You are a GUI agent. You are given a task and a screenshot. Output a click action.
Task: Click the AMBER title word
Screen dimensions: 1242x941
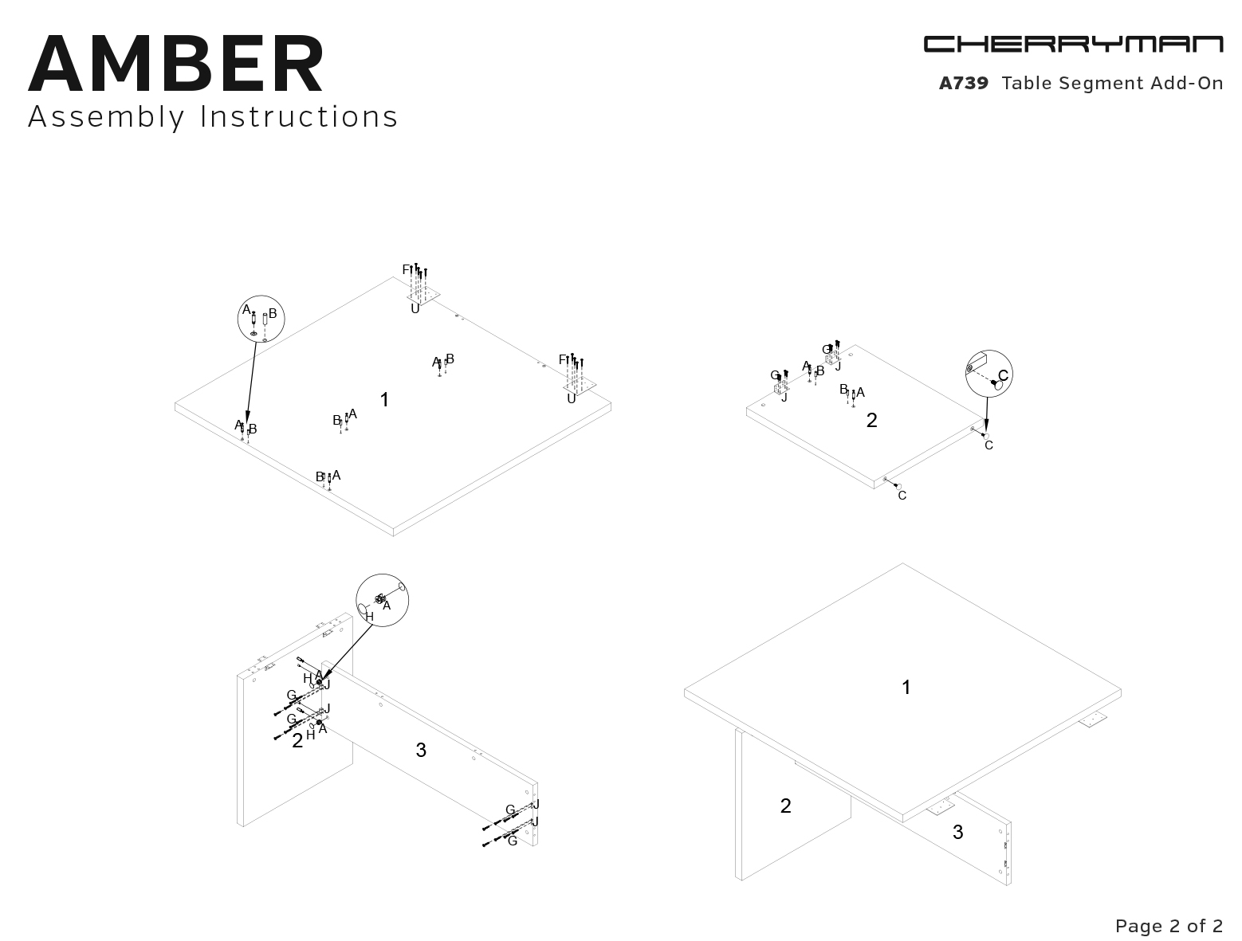[x=176, y=63]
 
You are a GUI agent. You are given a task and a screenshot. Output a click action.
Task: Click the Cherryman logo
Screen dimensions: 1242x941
[x=1073, y=44]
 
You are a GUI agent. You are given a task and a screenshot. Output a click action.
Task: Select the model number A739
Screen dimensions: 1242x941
[x=963, y=83]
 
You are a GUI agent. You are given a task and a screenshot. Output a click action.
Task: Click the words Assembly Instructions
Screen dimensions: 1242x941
[x=213, y=116]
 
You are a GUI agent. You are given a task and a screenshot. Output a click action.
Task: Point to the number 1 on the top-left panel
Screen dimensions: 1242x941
[x=385, y=400]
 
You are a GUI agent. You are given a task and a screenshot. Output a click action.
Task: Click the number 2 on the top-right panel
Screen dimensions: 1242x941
[x=871, y=420]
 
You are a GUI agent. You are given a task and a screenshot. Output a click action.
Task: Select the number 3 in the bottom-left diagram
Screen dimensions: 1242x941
[x=421, y=750]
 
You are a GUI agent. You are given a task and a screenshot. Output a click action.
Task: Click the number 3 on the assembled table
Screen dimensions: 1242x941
[x=957, y=832]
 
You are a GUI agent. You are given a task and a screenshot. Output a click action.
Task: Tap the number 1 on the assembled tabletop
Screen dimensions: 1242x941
[x=906, y=687]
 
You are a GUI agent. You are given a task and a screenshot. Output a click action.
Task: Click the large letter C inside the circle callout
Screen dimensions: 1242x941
[x=1003, y=375]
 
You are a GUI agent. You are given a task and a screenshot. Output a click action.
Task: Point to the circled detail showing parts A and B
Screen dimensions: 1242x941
[x=261, y=319]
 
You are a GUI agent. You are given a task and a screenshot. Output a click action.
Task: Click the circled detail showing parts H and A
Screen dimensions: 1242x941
[x=382, y=600]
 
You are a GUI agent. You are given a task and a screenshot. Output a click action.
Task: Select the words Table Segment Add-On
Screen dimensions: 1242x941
[x=1112, y=83]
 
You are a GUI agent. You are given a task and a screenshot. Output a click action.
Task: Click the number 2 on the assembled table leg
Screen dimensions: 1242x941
[x=785, y=806]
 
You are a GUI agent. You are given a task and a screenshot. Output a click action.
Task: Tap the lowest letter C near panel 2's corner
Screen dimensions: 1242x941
[x=902, y=496]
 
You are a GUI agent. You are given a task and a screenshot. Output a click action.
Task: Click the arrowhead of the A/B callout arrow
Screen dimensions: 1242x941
[x=247, y=419]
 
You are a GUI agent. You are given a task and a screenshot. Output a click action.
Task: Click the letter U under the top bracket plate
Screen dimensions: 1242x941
[x=415, y=309]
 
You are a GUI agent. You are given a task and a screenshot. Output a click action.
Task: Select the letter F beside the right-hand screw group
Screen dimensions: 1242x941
[x=563, y=359]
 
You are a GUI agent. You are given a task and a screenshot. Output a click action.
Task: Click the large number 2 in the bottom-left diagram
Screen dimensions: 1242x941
[x=297, y=740]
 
